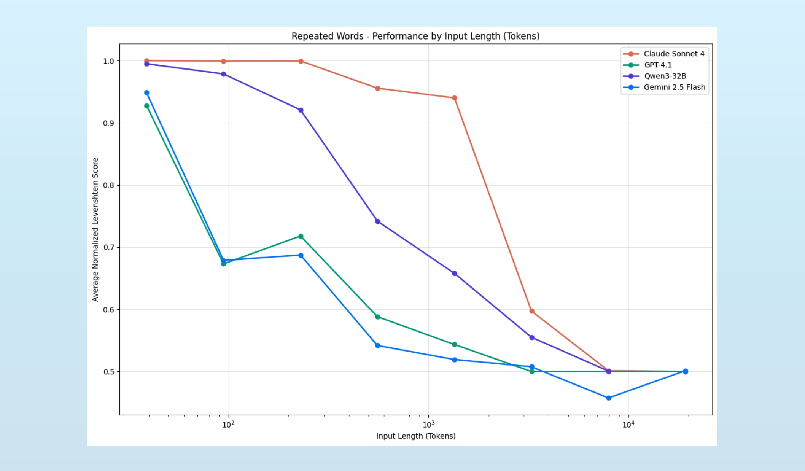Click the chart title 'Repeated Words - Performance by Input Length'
coord(415,36)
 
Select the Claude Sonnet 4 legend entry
coord(674,54)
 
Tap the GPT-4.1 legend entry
coord(658,65)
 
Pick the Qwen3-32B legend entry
coord(665,76)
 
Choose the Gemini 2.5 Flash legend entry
coord(674,87)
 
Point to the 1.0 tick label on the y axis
coord(108,61)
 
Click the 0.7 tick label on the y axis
coord(108,248)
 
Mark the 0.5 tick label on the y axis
coord(108,372)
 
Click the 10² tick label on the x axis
coord(228,425)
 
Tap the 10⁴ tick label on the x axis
coord(628,425)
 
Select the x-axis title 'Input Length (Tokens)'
coord(416,436)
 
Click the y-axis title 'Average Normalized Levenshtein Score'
coord(95,229)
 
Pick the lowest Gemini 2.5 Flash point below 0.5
coord(609,398)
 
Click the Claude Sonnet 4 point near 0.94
coord(454,98)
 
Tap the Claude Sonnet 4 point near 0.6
coord(532,311)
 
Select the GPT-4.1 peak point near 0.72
coord(301,236)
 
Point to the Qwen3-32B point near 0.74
coord(378,221)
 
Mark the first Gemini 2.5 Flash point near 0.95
coord(147,93)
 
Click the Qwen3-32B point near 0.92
coord(301,110)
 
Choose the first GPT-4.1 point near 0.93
coord(147,106)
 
